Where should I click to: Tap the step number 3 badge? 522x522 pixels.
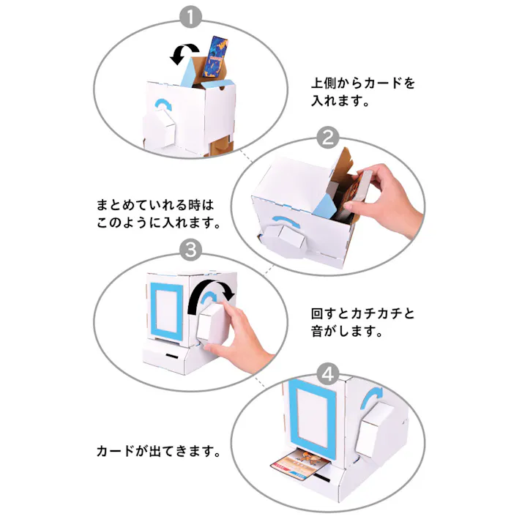pos(190,250)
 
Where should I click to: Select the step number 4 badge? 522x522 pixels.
pos(329,375)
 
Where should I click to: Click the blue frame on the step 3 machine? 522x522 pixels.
pos(167,309)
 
